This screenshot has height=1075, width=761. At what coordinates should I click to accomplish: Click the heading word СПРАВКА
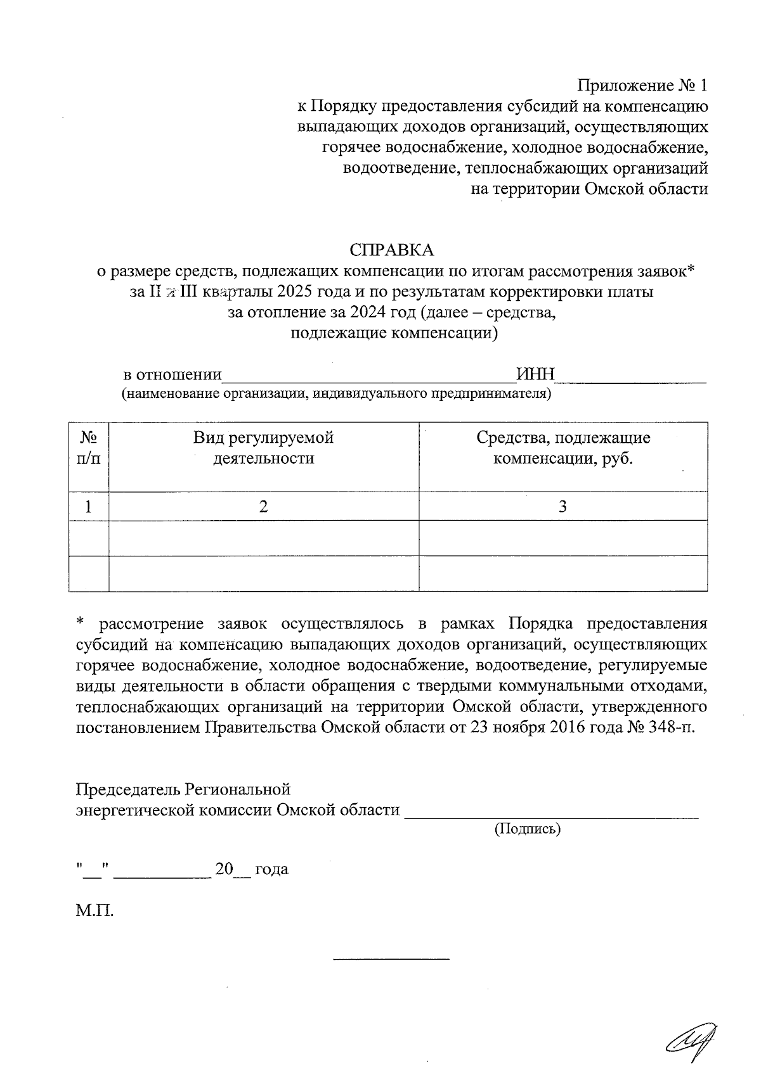coord(392,250)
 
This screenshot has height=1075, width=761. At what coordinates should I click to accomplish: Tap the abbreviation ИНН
coord(536,374)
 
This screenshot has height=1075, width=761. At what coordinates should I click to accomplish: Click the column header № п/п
coord(89,447)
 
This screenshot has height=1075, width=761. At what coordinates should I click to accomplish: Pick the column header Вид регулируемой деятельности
coord(263,447)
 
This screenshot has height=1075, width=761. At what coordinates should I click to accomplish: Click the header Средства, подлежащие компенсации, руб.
coord(563,447)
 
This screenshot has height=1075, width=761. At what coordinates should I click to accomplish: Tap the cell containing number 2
coord(263,506)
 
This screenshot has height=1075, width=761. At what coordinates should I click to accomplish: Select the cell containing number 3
coord(563,506)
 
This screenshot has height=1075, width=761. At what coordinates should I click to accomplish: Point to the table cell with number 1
coord(88,506)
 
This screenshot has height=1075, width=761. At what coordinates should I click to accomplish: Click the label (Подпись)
coord(527,828)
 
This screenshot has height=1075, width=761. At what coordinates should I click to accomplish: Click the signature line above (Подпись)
coord(551,817)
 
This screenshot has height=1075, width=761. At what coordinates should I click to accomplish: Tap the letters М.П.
coord(95,912)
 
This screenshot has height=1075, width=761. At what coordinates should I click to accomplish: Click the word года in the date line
coord(271,869)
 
